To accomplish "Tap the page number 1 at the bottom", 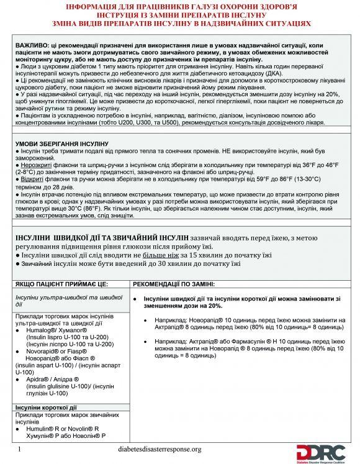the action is [20, 449].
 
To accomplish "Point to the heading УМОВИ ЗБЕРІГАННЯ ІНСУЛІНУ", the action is [57, 143].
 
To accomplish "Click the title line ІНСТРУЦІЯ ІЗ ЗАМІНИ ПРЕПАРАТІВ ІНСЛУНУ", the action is [180, 14].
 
